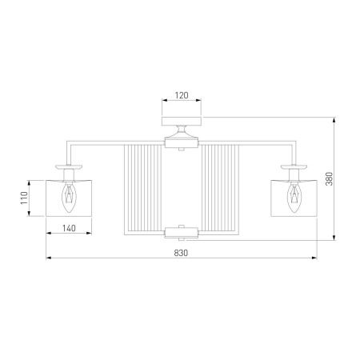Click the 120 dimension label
point(182,95)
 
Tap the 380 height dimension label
point(330,178)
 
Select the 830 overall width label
point(181,253)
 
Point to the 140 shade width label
point(69,228)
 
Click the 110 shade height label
point(24,198)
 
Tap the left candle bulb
point(69,198)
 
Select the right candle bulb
point(294,198)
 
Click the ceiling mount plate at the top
point(182,121)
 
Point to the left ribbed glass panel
point(143,190)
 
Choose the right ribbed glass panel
point(220,190)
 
